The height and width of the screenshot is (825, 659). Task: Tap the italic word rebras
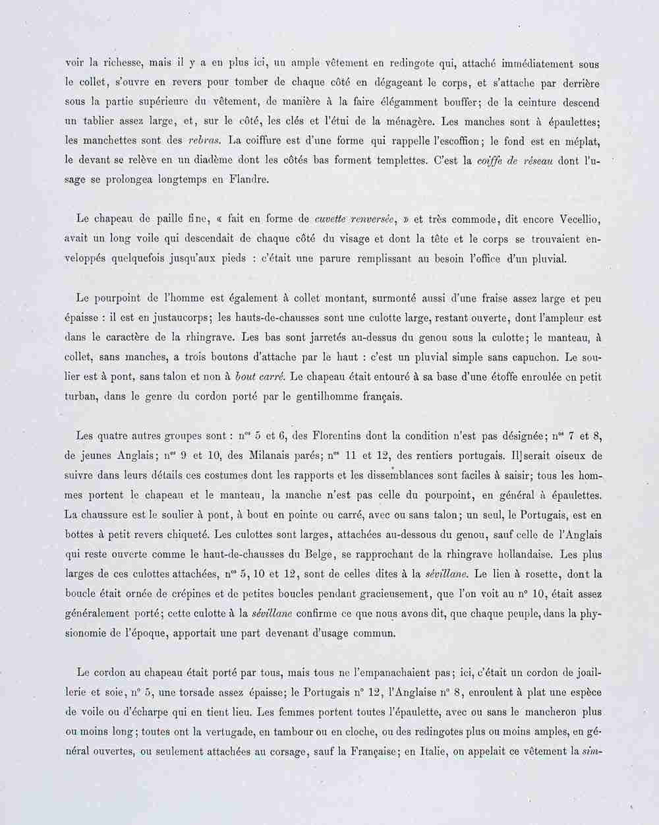(204, 140)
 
